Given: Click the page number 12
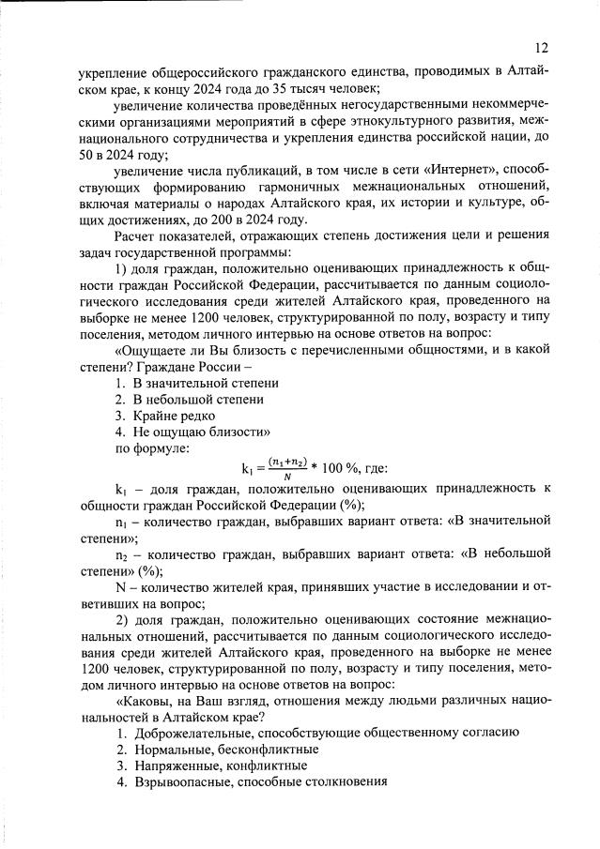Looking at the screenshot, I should pos(543,47).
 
